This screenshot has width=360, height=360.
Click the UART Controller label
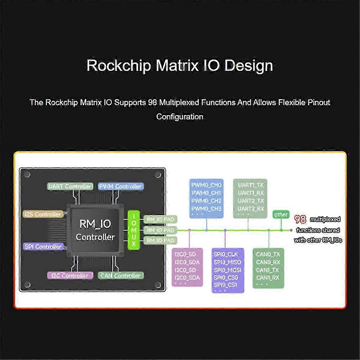click(x=69, y=186)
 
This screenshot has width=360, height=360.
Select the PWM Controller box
click(x=121, y=186)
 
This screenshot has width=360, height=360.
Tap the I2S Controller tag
click(x=43, y=214)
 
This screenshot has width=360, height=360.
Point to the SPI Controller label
click(x=43, y=247)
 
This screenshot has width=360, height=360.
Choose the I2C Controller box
click(x=70, y=275)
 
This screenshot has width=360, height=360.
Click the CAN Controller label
click(x=121, y=275)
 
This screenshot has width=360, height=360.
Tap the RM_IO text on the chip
click(x=95, y=224)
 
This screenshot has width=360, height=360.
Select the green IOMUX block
click(x=134, y=230)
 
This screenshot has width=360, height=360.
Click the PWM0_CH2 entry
click(x=206, y=201)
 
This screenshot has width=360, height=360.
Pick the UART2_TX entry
click(x=251, y=201)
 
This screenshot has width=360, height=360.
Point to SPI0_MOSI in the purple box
click(x=227, y=270)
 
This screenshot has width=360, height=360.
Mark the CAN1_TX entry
click(x=268, y=270)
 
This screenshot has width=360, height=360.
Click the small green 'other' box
click(x=281, y=214)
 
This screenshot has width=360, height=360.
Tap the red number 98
click(x=300, y=219)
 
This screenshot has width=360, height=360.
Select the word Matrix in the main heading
click(x=177, y=65)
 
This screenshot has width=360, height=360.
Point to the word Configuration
click(x=180, y=117)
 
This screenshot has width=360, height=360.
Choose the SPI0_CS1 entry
click(x=226, y=285)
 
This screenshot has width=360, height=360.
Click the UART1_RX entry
click(x=251, y=193)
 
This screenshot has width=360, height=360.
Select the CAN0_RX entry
click(x=268, y=262)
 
